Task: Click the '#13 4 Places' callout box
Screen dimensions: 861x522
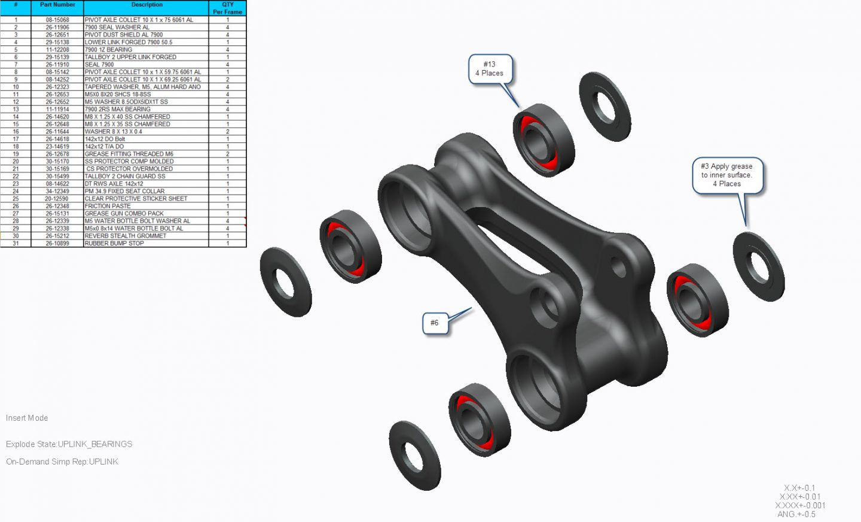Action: tap(490, 69)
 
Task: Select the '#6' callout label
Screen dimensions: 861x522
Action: tap(434, 323)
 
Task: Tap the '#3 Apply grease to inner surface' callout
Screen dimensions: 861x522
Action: tap(727, 175)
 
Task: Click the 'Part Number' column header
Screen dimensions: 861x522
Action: tap(57, 5)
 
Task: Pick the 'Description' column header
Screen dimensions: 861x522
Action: tap(147, 5)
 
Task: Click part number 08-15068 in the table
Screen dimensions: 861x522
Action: tap(57, 20)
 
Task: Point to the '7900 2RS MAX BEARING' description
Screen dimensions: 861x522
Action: tap(117, 110)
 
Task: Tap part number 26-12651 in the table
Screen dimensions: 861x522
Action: tap(57, 35)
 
